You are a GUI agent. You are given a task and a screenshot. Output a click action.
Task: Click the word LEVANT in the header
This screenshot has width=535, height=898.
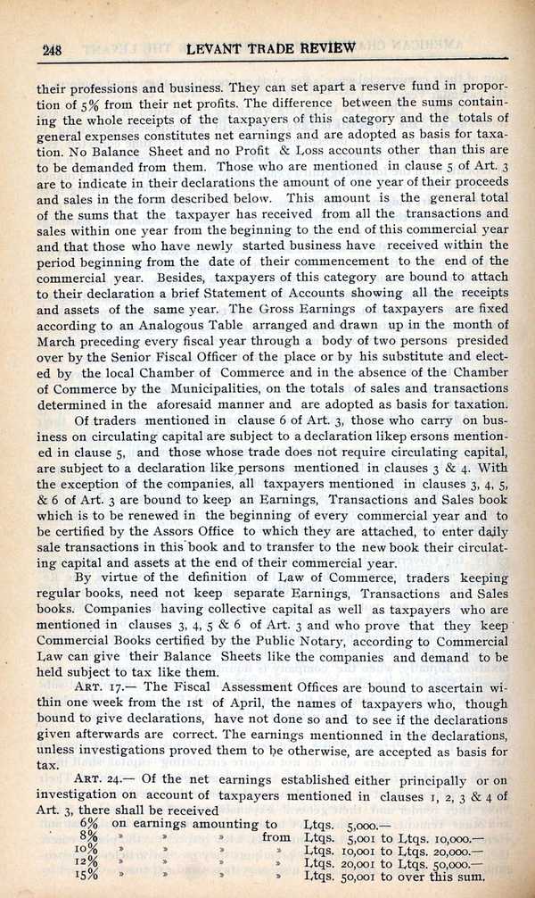[x=221, y=48]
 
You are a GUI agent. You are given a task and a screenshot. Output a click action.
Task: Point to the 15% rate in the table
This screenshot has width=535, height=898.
[x=88, y=879]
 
